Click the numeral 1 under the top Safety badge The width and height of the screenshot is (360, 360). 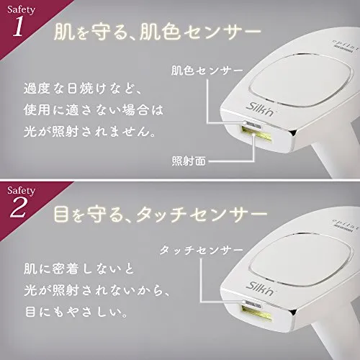click(x=19, y=27)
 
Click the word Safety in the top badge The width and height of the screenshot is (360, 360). click(x=21, y=10)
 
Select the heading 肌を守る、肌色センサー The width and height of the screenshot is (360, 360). click(x=157, y=32)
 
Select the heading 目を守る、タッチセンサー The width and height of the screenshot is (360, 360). click(x=160, y=213)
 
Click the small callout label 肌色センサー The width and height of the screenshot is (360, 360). click(x=207, y=71)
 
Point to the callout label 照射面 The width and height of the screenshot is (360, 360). click(x=189, y=161)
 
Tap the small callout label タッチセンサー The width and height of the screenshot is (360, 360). click(x=201, y=251)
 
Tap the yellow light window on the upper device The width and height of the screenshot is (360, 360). click(x=256, y=135)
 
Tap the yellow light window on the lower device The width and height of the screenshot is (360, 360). click(x=256, y=313)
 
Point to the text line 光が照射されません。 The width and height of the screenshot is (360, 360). click(x=90, y=132)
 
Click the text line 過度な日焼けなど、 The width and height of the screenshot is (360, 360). click(x=82, y=89)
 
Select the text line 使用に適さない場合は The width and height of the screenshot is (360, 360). click(x=94, y=110)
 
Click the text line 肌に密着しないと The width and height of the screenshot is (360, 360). click(x=79, y=269)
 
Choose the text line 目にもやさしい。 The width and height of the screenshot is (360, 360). click(x=76, y=312)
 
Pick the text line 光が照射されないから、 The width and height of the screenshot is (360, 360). click(x=97, y=291)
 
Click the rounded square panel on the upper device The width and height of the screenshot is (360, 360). click(x=301, y=81)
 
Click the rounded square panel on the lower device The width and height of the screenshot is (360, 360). click(x=301, y=260)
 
